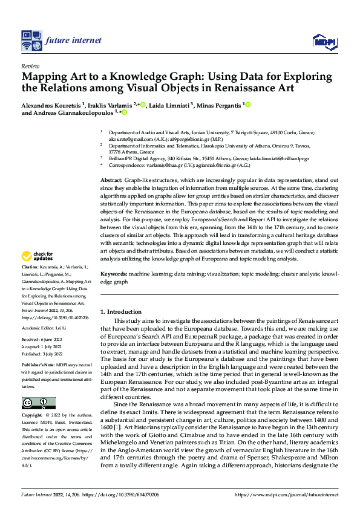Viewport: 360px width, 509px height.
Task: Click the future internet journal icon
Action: [x=30, y=41]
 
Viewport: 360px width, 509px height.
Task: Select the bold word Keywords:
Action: [x=113, y=274]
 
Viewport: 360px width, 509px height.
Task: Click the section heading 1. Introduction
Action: [x=120, y=311]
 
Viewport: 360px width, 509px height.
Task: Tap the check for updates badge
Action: [x=39, y=257]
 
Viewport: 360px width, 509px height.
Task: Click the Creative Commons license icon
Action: [x=39, y=403]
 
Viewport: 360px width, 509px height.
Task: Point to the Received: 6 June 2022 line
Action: [x=42, y=342]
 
